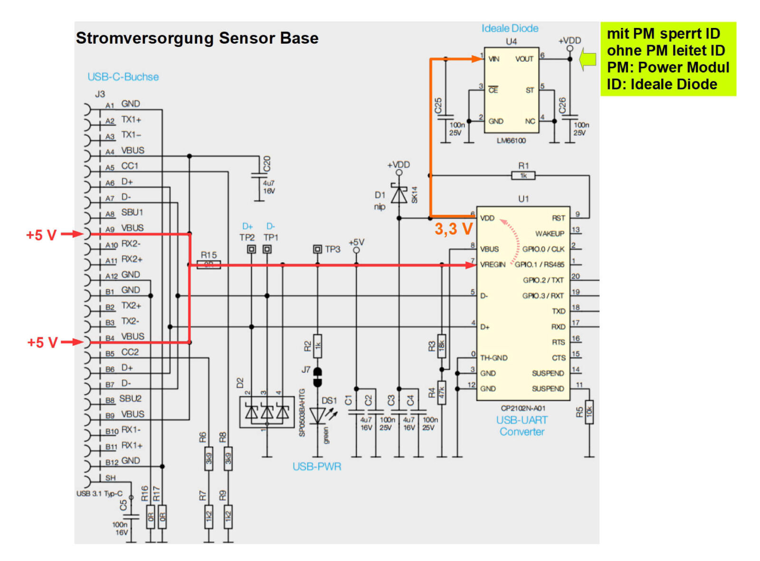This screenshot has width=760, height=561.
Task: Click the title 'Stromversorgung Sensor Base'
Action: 197,38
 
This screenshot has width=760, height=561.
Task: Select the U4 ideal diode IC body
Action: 511,90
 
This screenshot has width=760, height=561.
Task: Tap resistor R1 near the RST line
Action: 523,176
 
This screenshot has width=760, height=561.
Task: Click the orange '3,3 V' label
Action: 454,229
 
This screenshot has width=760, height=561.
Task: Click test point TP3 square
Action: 317,249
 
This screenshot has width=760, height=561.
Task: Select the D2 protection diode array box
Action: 266,412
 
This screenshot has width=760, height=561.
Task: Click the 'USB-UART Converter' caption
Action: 522,426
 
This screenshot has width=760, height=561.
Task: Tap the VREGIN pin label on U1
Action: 493,265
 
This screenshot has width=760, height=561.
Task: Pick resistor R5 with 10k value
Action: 589,412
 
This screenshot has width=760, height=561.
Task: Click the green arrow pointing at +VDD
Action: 588,59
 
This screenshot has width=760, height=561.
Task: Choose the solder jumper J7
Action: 317,377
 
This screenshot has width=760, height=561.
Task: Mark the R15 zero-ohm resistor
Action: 209,265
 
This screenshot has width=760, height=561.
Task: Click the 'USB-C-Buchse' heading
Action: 123,77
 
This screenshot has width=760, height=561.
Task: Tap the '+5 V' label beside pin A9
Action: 41,235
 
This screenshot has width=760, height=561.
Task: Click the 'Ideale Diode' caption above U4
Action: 510,29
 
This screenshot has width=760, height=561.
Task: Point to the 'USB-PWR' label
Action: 317,466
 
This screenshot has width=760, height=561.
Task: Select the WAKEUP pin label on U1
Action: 549,234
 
